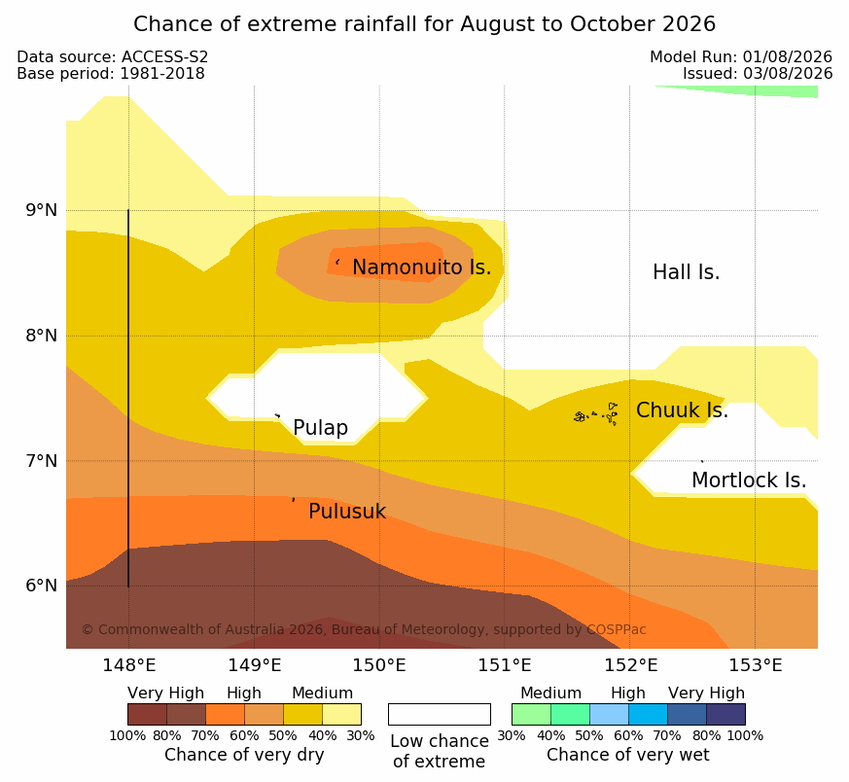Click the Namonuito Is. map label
coord(422,267)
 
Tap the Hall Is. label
coord(686,272)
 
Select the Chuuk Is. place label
coord(682,410)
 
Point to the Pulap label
coord(321,428)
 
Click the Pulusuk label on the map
coord(347,512)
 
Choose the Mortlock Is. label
coord(749,480)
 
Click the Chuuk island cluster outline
coord(597,414)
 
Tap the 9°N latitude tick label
coord(41,210)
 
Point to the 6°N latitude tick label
coord(41,586)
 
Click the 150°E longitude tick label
coord(379,665)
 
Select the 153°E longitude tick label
coord(756,665)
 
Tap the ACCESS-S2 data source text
coord(164,56)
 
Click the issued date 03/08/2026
coord(788,74)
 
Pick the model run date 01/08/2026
coord(788,56)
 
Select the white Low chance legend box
coord(440,714)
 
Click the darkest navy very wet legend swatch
coord(725,714)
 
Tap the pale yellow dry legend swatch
coord(341,714)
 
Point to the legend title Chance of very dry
coord(244,755)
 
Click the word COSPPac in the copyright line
coord(617,629)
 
